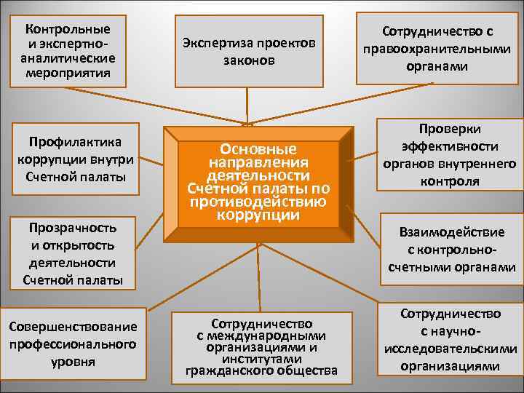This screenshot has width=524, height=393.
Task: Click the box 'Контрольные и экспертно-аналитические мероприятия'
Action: [67, 51]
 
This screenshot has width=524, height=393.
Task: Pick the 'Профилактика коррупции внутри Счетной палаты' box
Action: [71, 159]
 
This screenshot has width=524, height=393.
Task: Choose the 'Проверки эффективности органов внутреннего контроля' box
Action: [449, 154]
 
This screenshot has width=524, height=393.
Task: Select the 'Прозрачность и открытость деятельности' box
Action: [69, 253]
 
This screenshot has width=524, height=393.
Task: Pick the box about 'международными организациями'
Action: [261, 347]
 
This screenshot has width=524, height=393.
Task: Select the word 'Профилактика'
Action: [71, 140]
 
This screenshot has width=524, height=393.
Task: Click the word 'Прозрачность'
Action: [69, 226]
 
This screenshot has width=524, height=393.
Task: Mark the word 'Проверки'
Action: [450, 127]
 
